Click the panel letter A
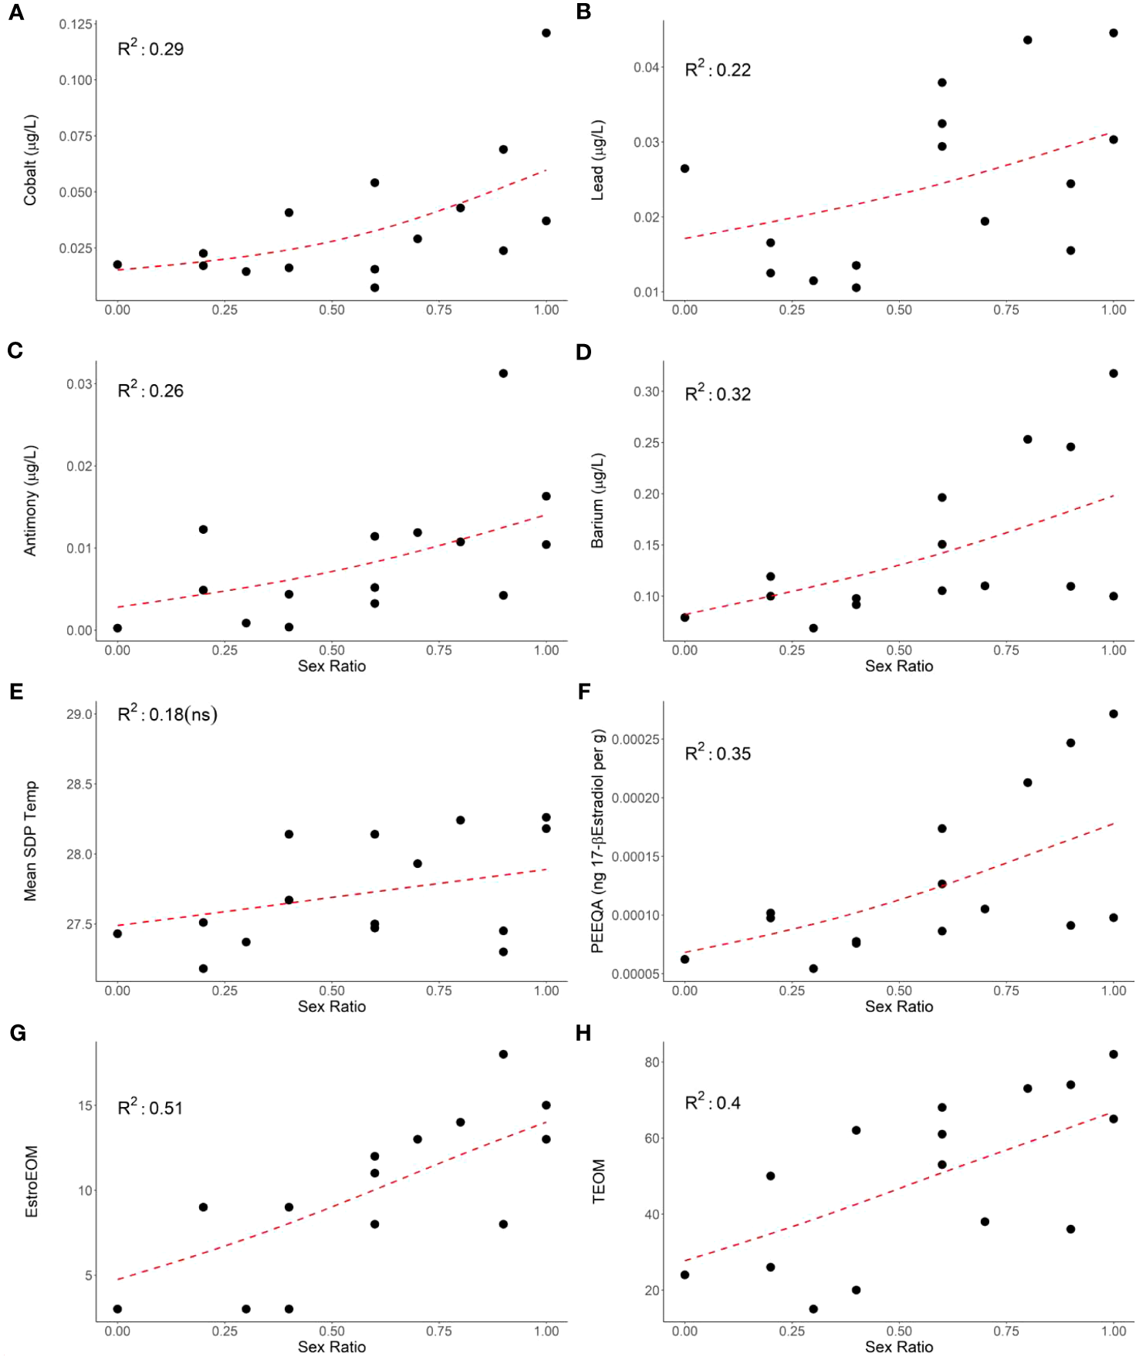tap(15, 13)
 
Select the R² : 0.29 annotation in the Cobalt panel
tap(150, 49)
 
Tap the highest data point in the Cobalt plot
tap(546, 33)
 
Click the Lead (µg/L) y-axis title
tap(598, 160)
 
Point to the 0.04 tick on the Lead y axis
tap(646, 68)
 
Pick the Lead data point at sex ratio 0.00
tap(684, 168)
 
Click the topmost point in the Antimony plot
tap(503, 373)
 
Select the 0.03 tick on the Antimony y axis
tap(79, 384)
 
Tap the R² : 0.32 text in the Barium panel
tap(718, 393)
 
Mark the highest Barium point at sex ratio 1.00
tap(1114, 373)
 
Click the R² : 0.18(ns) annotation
tap(167, 714)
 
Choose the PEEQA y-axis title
tap(598, 841)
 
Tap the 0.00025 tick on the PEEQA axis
tap(636, 740)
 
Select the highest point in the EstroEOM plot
tap(503, 1055)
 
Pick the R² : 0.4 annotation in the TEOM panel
tap(712, 1102)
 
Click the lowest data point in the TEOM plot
tap(813, 1309)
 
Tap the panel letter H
tap(583, 1033)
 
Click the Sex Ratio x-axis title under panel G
tap(332, 1347)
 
